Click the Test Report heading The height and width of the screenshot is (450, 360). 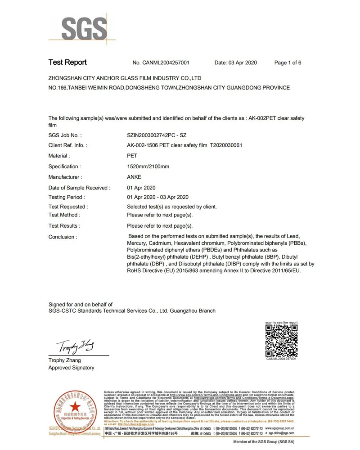[x=67, y=63]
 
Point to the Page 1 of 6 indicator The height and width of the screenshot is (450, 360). [x=288, y=63]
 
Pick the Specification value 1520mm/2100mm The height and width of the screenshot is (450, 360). [x=148, y=167]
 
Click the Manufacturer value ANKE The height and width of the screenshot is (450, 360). [x=134, y=177]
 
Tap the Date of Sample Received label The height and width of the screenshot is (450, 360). [x=79, y=188]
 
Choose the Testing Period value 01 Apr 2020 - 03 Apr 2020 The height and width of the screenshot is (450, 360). [x=157, y=197]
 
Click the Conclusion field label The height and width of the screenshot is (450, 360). [x=63, y=237]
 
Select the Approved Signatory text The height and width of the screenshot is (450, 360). [x=71, y=368]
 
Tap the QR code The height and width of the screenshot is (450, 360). [x=281, y=341]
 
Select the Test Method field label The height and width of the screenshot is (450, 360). [x=64, y=215]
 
